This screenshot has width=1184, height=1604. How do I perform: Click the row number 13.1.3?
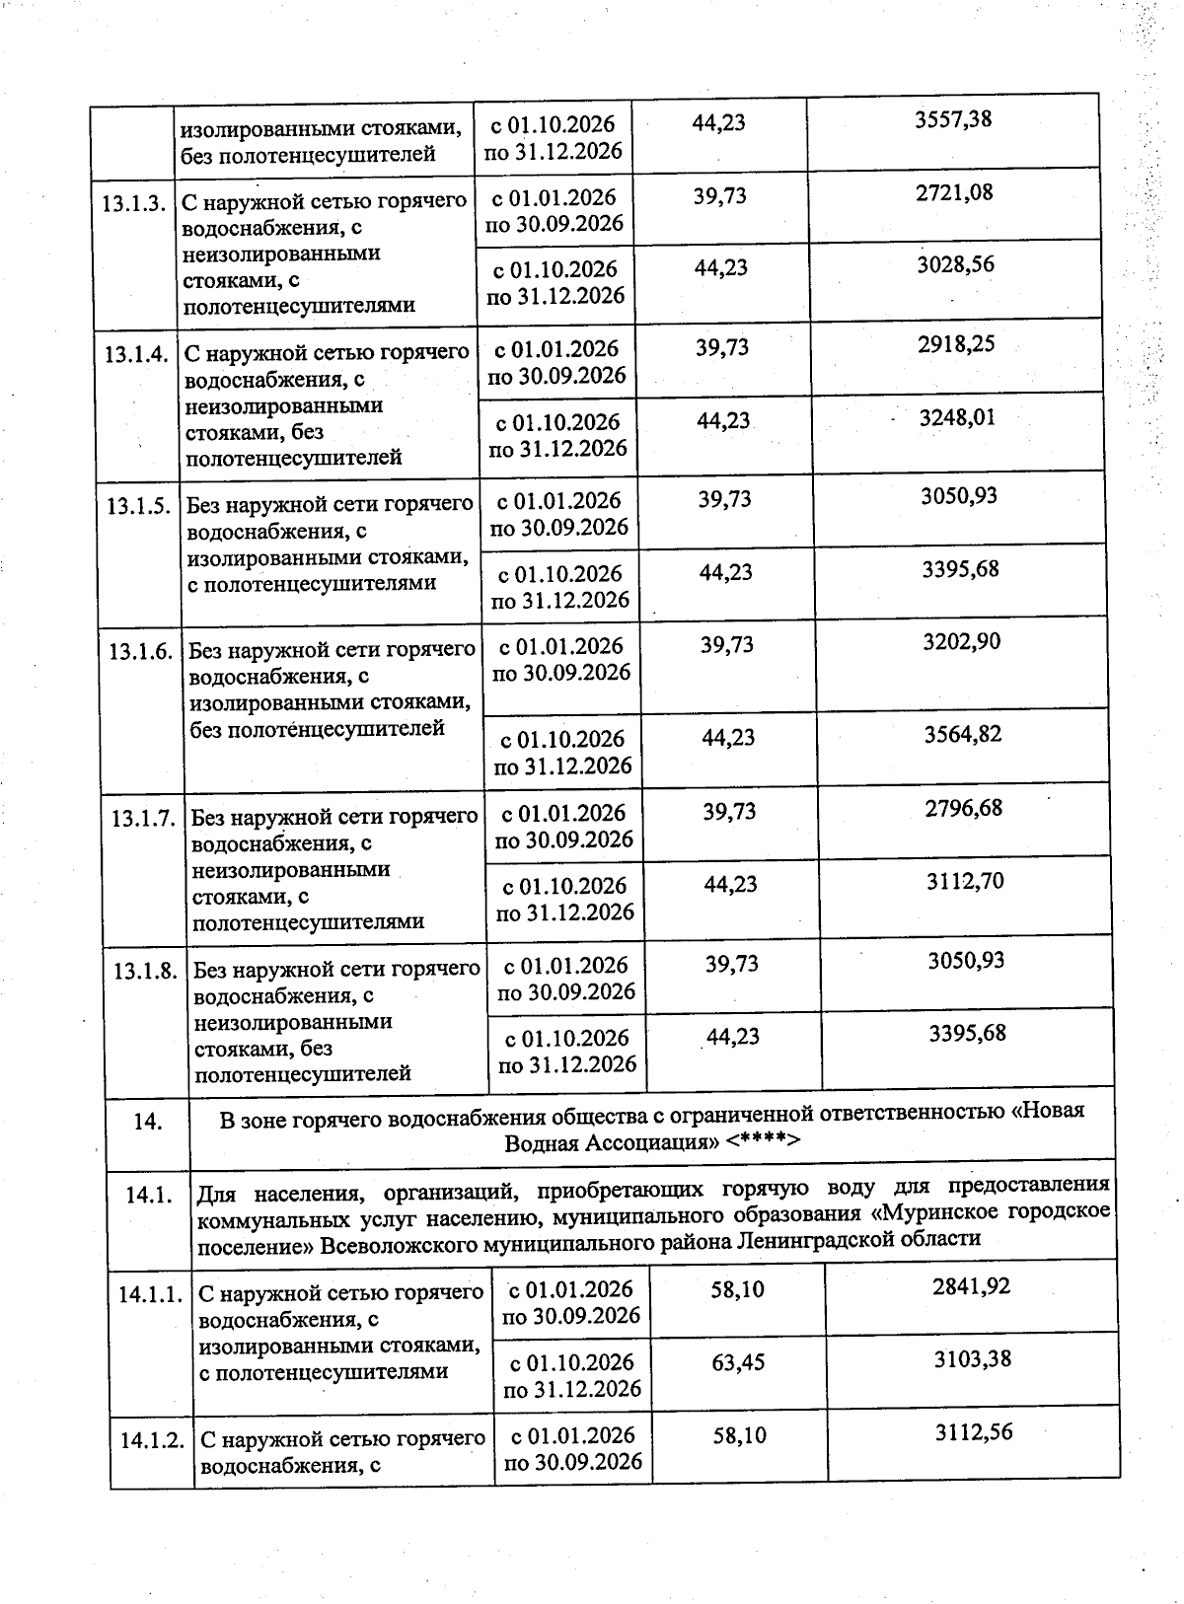[133, 203]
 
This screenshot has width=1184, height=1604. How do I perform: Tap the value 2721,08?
[954, 192]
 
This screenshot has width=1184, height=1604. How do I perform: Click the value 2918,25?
[956, 344]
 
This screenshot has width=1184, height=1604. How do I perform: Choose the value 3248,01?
[957, 418]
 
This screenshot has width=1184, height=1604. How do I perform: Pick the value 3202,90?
[961, 642]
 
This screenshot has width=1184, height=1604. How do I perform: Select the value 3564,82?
[963, 735]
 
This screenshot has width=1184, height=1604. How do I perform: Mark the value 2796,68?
[964, 809]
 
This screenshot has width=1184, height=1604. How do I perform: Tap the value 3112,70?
[965, 881]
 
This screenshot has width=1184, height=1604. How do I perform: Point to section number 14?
[147, 1122]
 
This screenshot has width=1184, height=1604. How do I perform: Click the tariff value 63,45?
[738, 1363]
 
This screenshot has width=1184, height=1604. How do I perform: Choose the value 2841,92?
[971, 1286]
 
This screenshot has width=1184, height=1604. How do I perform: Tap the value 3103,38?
[973, 1359]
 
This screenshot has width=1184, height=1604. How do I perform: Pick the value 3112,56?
[974, 1432]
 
